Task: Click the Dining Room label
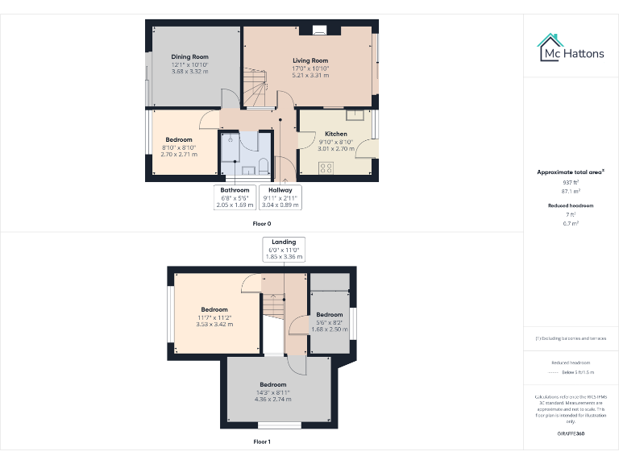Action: tap(189, 57)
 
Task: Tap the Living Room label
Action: tap(310, 60)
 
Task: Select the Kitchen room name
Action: tap(336, 134)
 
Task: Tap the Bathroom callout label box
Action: tap(235, 197)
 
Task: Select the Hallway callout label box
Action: tap(280, 197)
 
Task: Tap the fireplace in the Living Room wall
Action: tap(320, 32)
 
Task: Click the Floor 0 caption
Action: tap(262, 223)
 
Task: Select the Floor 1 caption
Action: tap(262, 442)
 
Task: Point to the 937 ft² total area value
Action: tap(571, 183)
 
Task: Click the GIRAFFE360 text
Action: tap(571, 433)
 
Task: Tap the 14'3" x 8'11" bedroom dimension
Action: tap(272, 393)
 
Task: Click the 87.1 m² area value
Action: tap(571, 191)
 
